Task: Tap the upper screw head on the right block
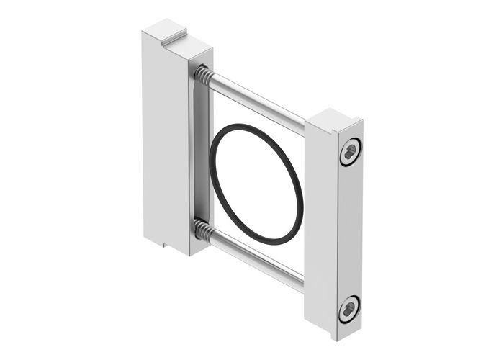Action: point(350,152)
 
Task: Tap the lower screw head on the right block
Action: point(349,309)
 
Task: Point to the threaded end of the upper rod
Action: point(202,73)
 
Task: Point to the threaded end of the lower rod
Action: point(202,231)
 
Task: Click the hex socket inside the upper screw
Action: point(351,152)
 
